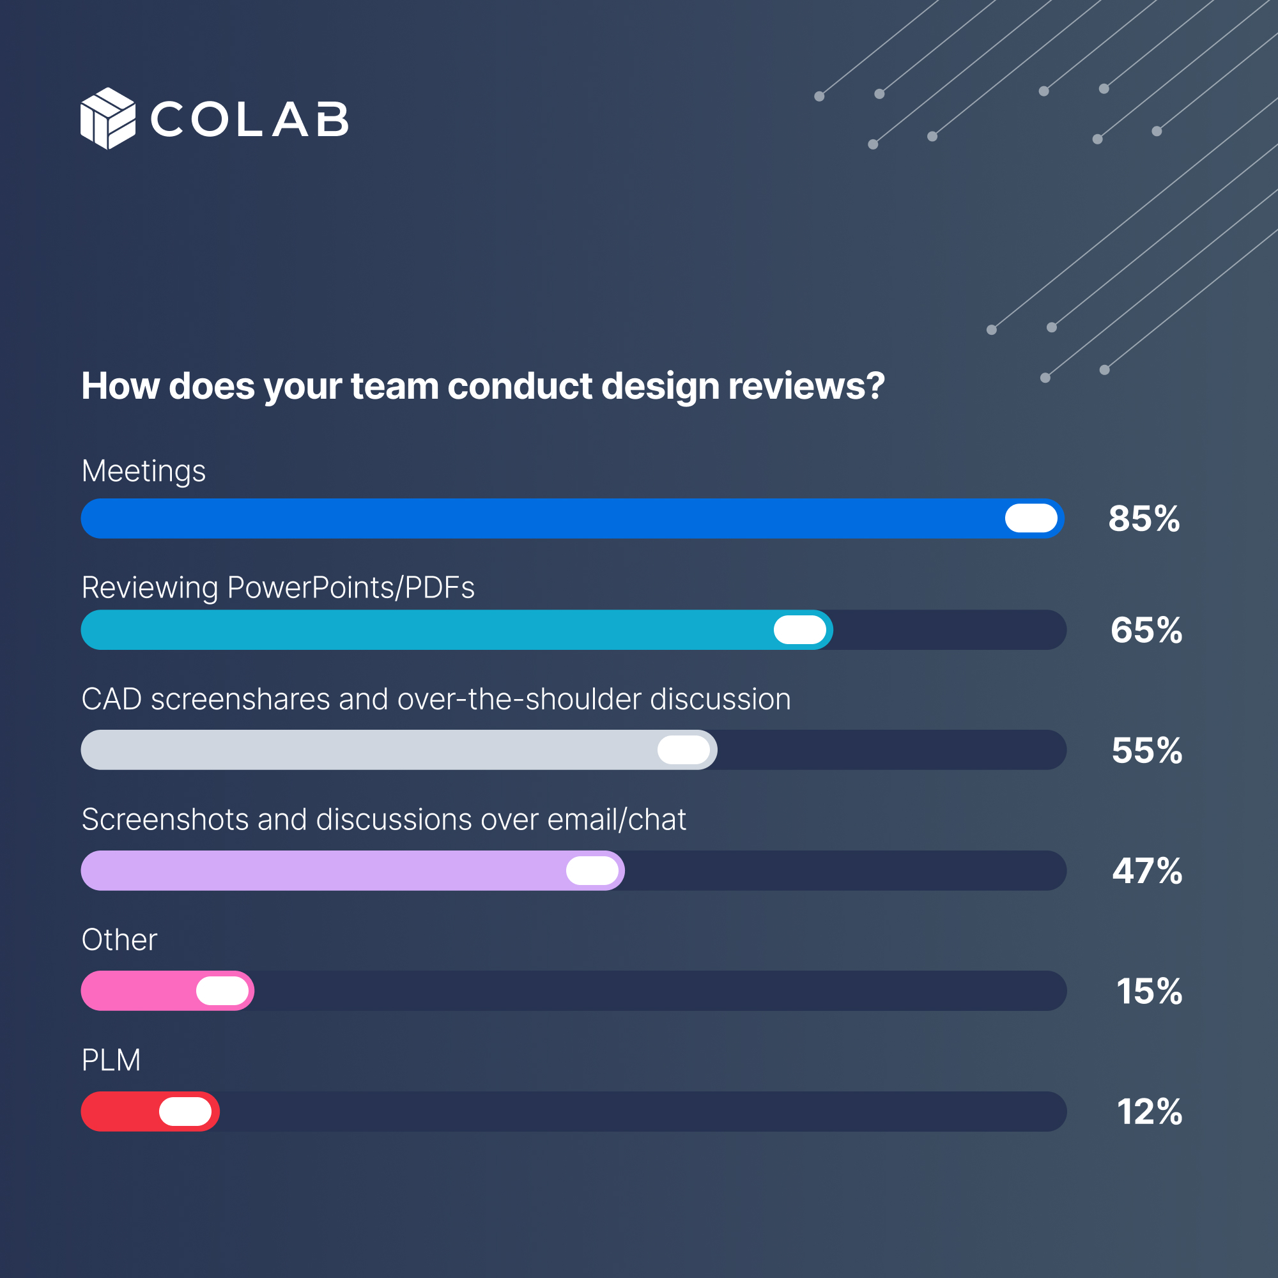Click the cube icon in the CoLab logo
[x=108, y=118]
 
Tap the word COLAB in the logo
[x=249, y=119]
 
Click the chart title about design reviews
[x=483, y=386]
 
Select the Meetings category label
[x=144, y=471]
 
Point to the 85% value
[x=1144, y=519]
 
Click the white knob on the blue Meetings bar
[x=1031, y=518]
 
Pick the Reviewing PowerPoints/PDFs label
[x=278, y=587]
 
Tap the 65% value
[x=1146, y=630]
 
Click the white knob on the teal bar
[x=800, y=630]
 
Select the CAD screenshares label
[x=436, y=699]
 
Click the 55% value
[x=1146, y=750]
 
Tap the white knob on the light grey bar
[x=683, y=750]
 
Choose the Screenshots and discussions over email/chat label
[x=383, y=820]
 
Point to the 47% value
[x=1147, y=870]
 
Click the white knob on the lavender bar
[x=592, y=870]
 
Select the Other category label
[x=119, y=940]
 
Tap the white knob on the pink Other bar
[x=222, y=991]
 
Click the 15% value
[x=1149, y=991]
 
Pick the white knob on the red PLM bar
[x=185, y=1111]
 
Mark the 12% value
[x=1149, y=1111]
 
